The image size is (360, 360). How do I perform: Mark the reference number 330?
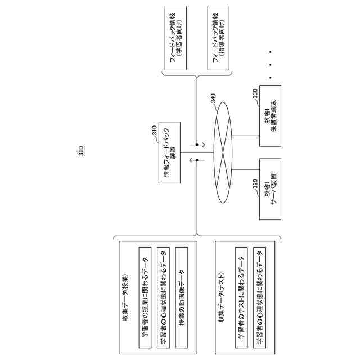(x=255, y=94)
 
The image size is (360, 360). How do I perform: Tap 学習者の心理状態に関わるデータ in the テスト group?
(x=260, y=296)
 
